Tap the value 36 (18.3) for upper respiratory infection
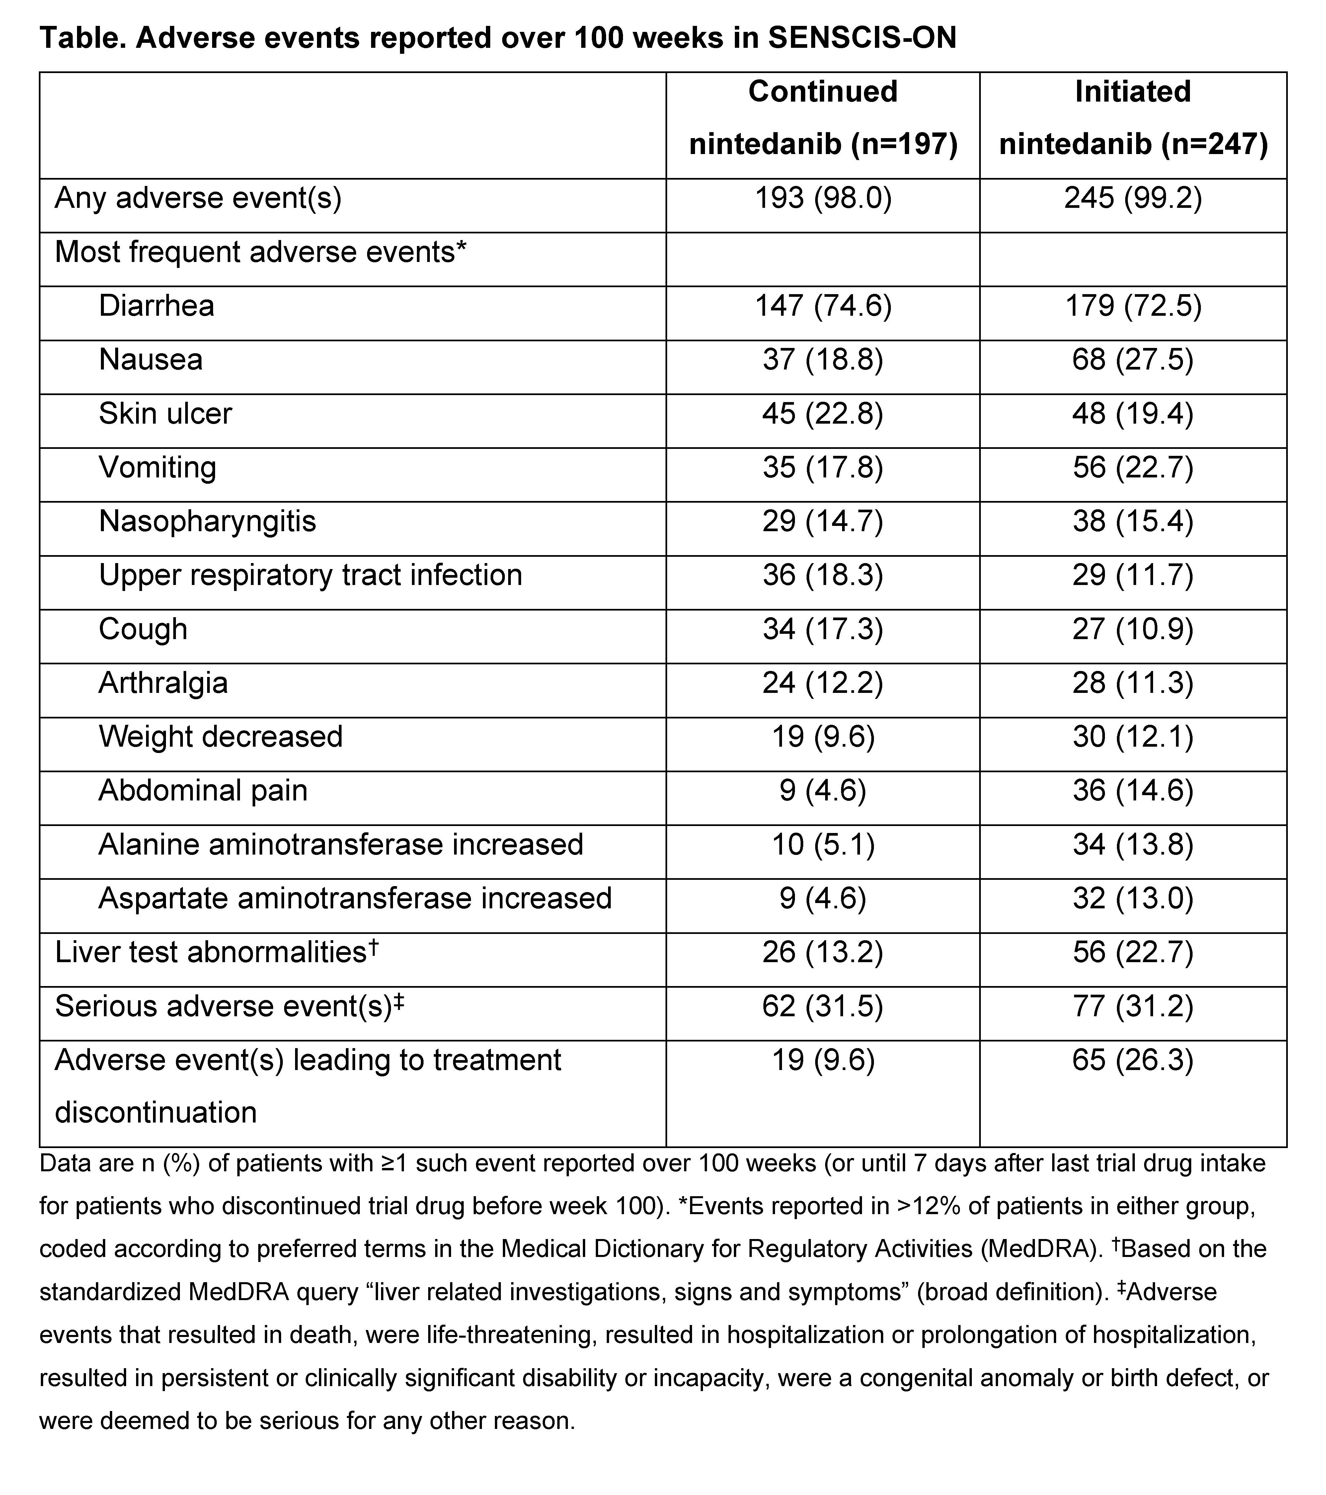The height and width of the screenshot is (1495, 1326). click(823, 575)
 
